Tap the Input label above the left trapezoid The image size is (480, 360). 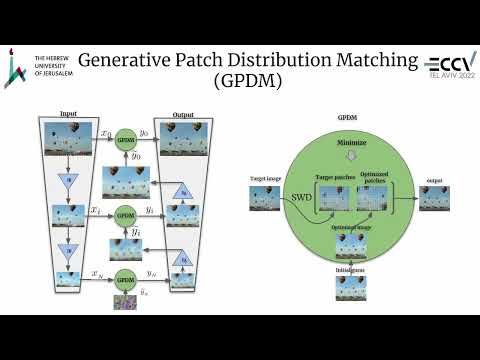pyautogui.click(x=69, y=114)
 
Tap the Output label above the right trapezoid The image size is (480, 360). pyautogui.click(x=181, y=114)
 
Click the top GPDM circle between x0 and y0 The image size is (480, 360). pyautogui.click(x=125, y=139)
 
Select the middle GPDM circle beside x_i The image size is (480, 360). pyautogui.click(x=125, y=215)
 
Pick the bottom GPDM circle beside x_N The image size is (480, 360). pyautogui.click(x=125, y=278)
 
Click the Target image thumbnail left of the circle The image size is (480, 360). pyautogui.click(x=262, y=201)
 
